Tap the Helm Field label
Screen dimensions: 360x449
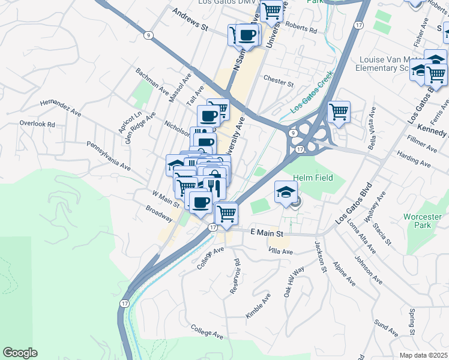(x=312, y=178)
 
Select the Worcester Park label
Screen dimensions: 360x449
(x=427, y=221)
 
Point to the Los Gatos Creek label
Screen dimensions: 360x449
(x=311, y=96)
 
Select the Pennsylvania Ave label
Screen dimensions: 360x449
(x=108, y=155)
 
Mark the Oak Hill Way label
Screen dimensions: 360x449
(x=294, y=282)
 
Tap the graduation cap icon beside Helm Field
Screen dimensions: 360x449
(x=286, y=192)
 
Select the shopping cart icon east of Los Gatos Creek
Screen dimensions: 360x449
(x=339, y=112)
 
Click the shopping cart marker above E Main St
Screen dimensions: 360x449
(x=226, y=213)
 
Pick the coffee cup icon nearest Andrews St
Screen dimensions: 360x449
(x=247, y=34)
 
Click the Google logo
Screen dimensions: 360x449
(x=20, y=353)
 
